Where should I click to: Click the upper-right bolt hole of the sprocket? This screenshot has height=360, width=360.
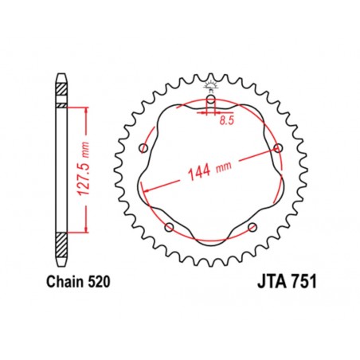[x=278, y=148]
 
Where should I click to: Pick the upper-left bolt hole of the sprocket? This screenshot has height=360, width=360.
[x=143, y=148]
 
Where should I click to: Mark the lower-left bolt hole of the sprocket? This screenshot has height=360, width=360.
[x=169, y=228]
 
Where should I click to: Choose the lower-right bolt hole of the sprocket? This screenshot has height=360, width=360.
[x=252, y=228]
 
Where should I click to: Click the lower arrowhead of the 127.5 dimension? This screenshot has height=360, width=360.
[x=85, y=227]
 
